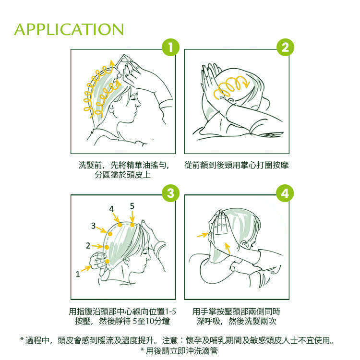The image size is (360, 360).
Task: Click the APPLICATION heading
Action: click(69, 29)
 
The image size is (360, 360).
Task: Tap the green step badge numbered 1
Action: click(170, 48)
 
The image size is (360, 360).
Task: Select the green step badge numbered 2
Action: click(285, 48)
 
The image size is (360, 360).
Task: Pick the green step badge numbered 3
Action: click(170, 193)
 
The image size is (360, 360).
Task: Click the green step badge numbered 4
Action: click(285, 193)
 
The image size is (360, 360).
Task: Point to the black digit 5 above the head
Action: click(132, 206)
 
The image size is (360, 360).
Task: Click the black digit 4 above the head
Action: click(111, 209)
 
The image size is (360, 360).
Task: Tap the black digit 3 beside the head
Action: click(93, 226)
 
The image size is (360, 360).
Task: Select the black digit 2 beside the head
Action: click(88, 246)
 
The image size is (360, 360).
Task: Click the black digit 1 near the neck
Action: click(78, 274)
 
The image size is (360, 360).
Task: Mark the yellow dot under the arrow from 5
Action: click(132, 225)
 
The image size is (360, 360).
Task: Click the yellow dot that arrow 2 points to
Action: click(107, 247)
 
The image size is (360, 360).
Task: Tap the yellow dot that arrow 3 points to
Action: click(110, 234)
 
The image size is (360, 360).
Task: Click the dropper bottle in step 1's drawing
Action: click(123, 63)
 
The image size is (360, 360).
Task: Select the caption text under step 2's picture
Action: click(237, 165)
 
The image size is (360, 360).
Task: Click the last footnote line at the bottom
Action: click(180, 350)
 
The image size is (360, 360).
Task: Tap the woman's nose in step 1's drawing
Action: click(138, 104)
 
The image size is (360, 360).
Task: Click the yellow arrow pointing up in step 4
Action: click(228, 248)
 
